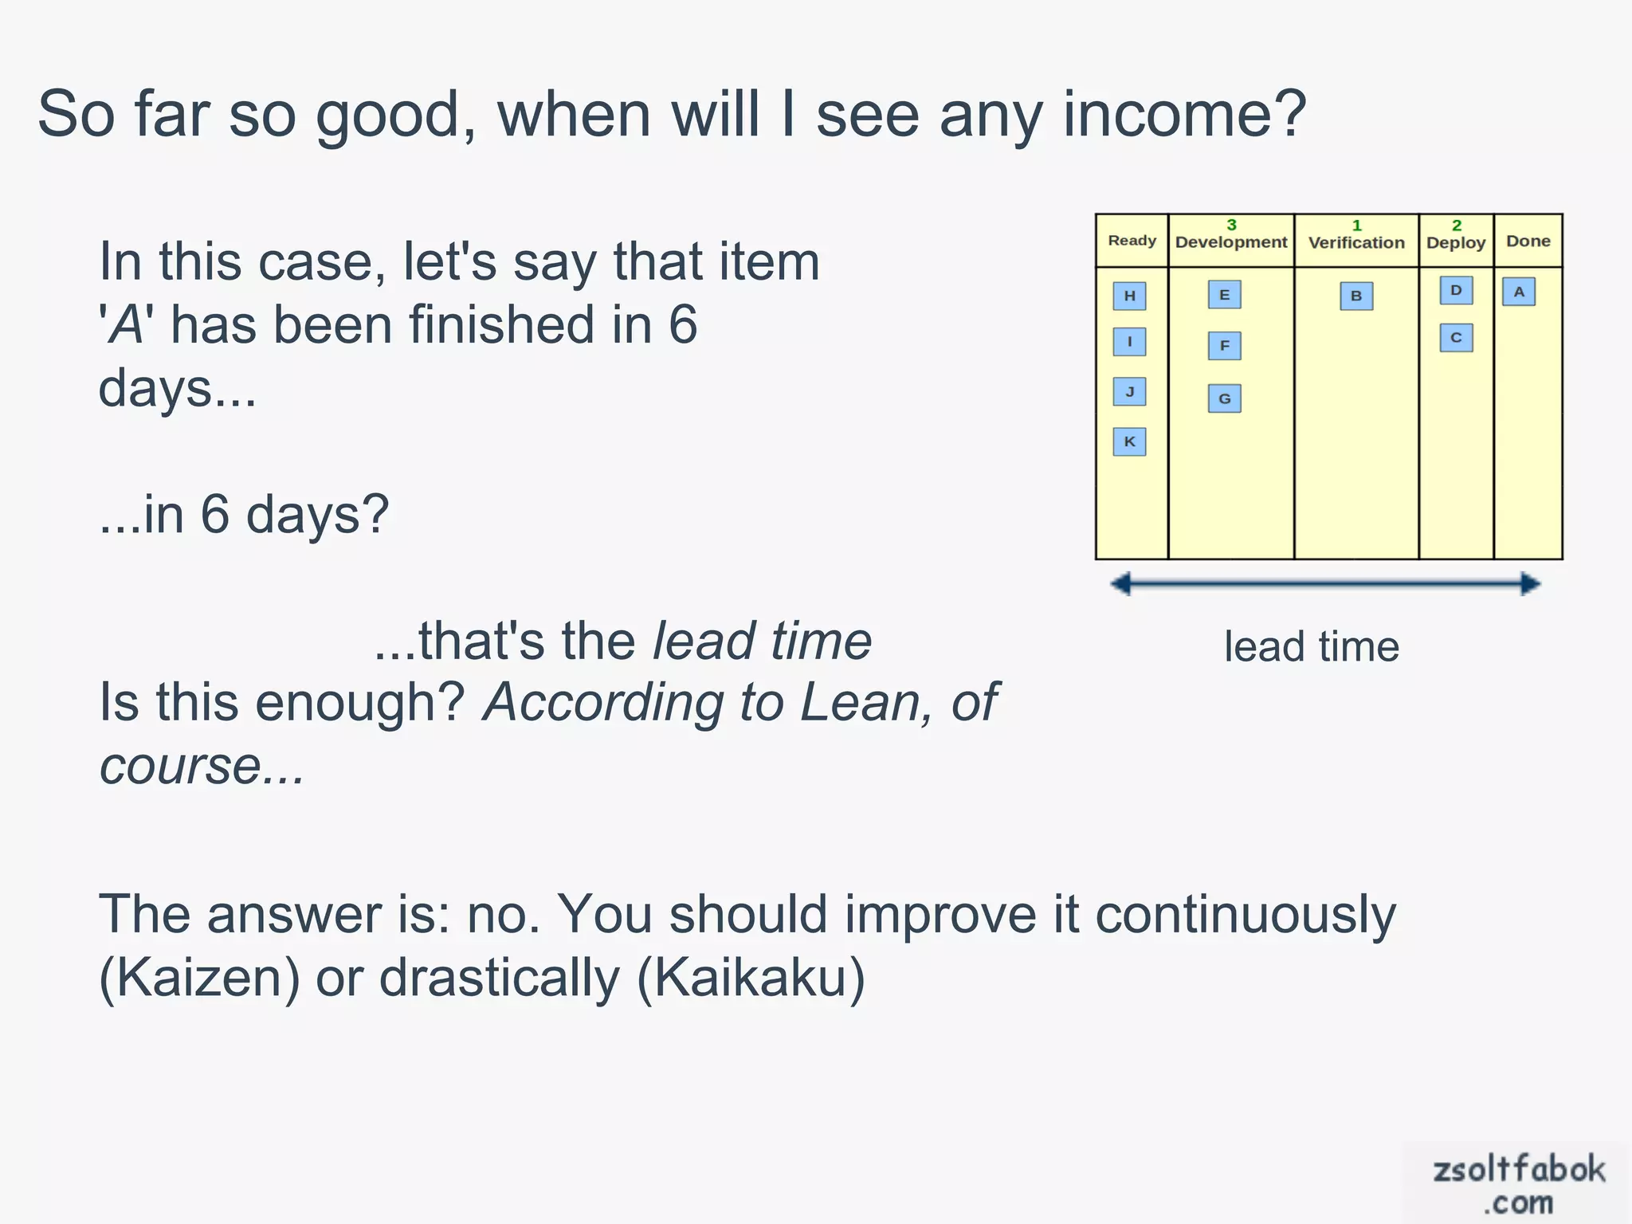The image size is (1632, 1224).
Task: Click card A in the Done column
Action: click(1519, 292)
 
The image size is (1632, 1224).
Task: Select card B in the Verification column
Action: click(1356, 296)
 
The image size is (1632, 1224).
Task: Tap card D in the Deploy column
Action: click(1456, 290)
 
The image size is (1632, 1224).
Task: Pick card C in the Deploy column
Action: click(1456, 338)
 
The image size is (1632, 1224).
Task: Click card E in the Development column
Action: click(1224, 295)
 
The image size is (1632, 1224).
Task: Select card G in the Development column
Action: click(1224, 398)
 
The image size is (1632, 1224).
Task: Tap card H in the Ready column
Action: click(1129, 296)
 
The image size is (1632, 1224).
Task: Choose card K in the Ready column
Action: click(1129, 441)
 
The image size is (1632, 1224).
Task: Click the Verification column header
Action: click(1356, 242)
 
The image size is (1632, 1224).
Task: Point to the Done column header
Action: click(1528, 241)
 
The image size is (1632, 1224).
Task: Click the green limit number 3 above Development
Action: click(1231, 226)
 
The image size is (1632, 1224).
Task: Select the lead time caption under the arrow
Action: click(1312, 646)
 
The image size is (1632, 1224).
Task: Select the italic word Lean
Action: click(858, 703)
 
